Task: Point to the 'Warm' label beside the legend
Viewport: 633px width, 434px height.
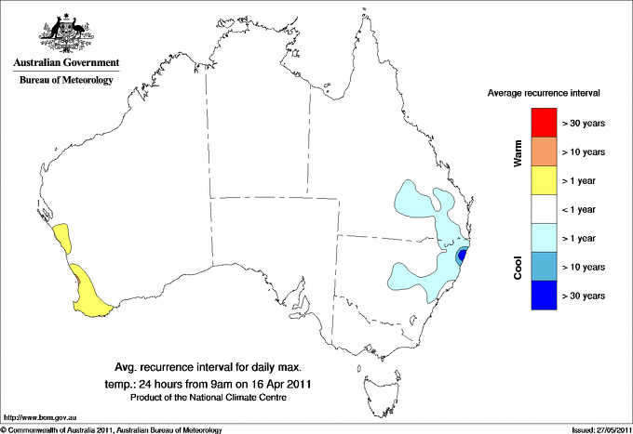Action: coord(519,152)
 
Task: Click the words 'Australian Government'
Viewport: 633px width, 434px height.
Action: coord(65,63)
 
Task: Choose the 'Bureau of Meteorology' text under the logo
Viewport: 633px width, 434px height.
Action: coord(65,81)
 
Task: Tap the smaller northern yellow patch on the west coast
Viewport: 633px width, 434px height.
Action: coord(64,236)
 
